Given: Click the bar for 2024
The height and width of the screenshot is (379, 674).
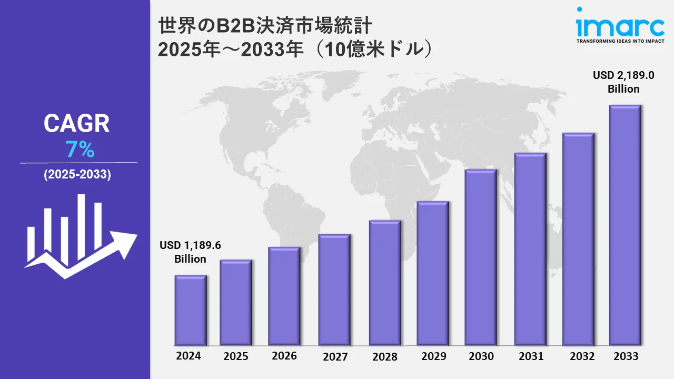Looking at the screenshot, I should (191, 310).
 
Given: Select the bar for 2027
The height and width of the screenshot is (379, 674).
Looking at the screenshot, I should (334, 290).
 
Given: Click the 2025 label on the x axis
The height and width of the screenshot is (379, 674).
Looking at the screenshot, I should (235, 356).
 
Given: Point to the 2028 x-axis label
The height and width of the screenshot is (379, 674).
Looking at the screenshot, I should (385, 357).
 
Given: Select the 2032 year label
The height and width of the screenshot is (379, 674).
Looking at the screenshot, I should (578, 356).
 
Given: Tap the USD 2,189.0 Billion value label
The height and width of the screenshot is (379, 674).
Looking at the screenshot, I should (623, 82).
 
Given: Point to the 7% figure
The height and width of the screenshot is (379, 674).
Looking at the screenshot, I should (80, 151).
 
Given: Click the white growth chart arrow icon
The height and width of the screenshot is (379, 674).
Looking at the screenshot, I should (79, 237).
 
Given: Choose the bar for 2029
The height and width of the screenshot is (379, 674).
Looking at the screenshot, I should (432, 273).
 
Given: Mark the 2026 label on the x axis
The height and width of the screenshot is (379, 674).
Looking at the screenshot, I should (284, 356).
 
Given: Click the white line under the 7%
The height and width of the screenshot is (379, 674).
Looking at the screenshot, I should (79, 163).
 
